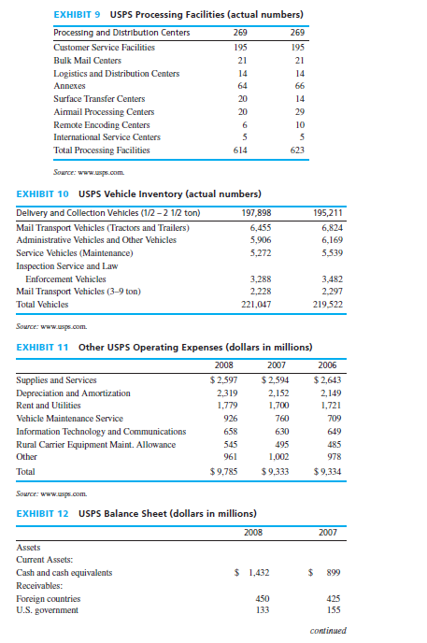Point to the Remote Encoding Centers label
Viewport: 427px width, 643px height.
pos(102,123)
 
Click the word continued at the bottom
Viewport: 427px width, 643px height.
pos(327,630)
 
